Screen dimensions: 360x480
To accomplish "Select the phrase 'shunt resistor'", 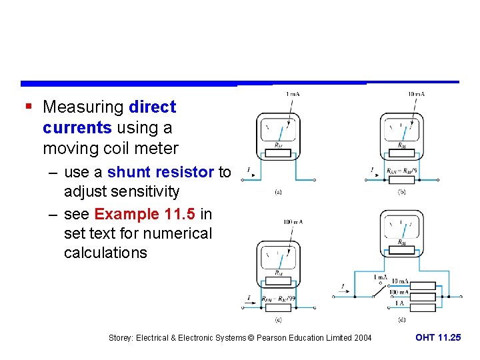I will coord(161,172).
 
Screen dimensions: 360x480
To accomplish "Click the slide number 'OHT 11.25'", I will coord(437,338).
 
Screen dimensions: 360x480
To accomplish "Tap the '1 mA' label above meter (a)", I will coord(291,94).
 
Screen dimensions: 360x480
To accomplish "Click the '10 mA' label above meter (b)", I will coord(416,94).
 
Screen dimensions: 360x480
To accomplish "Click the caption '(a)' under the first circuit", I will coord(277,193).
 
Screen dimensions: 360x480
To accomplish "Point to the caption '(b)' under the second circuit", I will coord(402,193).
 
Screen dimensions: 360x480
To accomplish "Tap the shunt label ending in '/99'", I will coord(278,299).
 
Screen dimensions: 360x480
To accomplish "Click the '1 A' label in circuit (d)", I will coord(399,303).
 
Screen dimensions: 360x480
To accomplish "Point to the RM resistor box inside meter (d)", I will coord(401,251).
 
